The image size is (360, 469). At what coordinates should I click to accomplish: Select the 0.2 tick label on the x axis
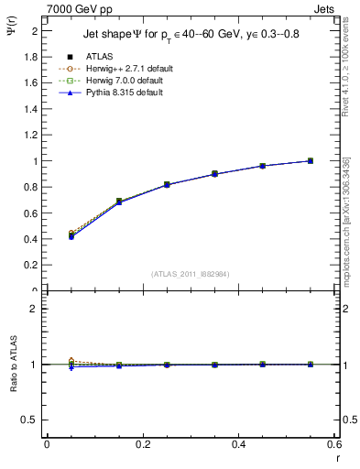[143, 444]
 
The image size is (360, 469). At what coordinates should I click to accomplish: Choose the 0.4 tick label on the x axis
[239, 444]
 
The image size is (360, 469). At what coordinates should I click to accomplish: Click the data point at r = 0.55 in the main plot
[311, 161]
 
